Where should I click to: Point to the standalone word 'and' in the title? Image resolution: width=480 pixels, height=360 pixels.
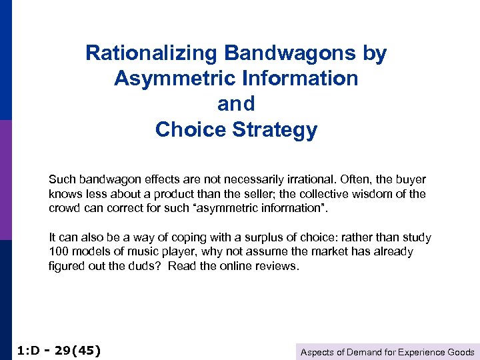236,104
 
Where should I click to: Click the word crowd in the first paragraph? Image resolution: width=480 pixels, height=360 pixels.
65,208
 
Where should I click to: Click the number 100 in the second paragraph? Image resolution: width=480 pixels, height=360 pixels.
58,252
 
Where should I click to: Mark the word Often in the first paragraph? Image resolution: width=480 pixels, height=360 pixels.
360,180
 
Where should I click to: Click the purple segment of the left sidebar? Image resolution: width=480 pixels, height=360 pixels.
5,180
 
